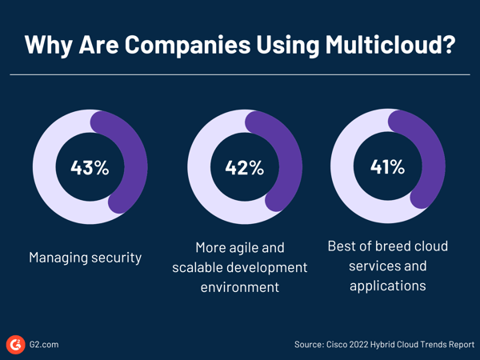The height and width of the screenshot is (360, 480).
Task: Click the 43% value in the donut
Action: coord(90,168)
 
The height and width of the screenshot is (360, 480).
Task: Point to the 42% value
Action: coord(244,168)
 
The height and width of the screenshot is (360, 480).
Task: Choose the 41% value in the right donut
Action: coord(388,168)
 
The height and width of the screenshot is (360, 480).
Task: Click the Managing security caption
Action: coord(85,258)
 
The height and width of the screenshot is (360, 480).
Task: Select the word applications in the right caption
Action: coord(388,286)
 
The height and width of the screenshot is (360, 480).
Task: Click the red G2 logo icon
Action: coord(15,344)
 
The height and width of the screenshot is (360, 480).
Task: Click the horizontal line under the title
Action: coord(240,74)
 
